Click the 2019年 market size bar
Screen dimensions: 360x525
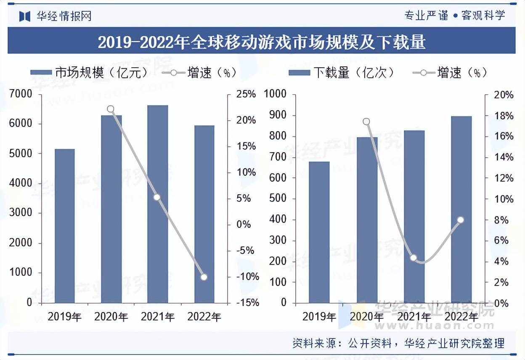(x=65, y=226)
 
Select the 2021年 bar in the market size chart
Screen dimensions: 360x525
(x=158, y=204)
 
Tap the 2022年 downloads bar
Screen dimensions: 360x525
(x=461, y=209)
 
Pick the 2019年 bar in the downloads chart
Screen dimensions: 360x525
(x=319, y=232)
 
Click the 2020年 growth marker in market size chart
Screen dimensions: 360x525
(x=111, y=109)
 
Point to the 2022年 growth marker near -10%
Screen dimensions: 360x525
(x=204, y=277)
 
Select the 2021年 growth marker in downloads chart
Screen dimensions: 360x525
(x=414, y=258)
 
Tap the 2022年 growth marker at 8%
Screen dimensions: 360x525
(x=461, y=220)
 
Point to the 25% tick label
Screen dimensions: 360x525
(x=246, y=94)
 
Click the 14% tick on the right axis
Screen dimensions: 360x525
(x=504, y=157)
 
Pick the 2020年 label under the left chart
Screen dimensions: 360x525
(x=111, y=317)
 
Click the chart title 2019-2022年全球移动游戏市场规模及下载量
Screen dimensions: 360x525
(x=262, y=42)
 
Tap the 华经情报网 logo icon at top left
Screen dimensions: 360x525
(x=25, y=16)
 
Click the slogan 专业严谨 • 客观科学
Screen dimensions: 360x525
(x=454, y=16)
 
